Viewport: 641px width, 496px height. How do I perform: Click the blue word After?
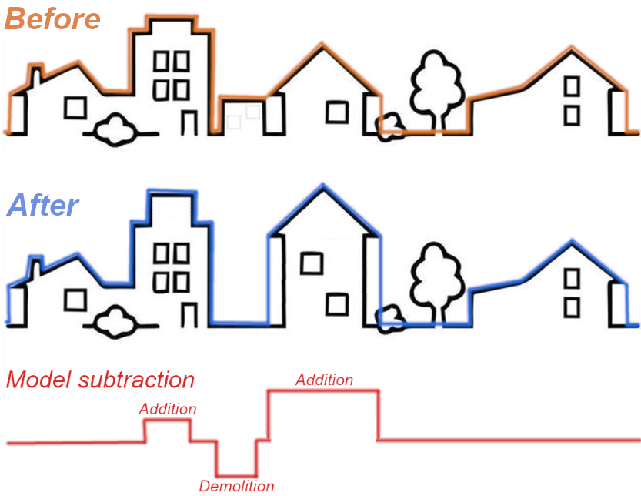[43, 205]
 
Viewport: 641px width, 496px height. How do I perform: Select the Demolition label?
[236, 486]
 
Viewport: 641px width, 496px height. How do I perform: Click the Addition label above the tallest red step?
[324, 380]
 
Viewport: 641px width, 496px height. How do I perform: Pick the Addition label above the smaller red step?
[168, 409]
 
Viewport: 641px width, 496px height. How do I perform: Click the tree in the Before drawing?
[436, 84]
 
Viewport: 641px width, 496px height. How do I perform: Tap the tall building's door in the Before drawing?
[190, 122]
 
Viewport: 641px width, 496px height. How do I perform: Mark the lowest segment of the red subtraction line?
[236, 476]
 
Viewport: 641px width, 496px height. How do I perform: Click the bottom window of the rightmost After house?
[571, 307]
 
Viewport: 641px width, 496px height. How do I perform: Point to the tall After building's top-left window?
[161, 253]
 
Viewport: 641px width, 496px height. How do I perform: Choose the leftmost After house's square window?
[75, 299]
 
